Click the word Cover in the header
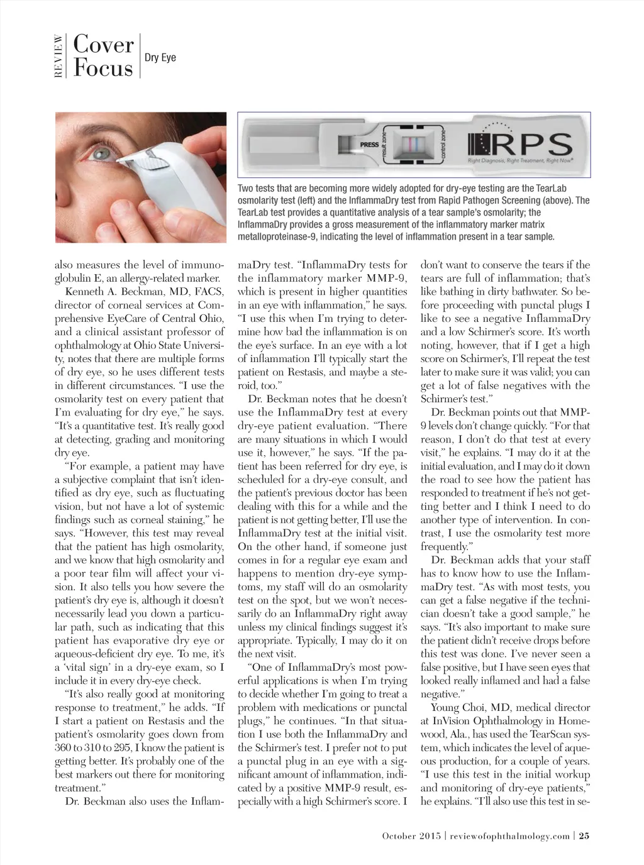[x=103, y=45]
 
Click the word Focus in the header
[x=103, y=67]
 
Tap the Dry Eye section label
[x=160, y=58]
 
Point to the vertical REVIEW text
[x=58, y=56]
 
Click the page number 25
[x=584, y=835]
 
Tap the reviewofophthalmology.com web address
[x=509, y=835]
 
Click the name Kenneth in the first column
[x=84, y=292]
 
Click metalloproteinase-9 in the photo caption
[x=279, y=237]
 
